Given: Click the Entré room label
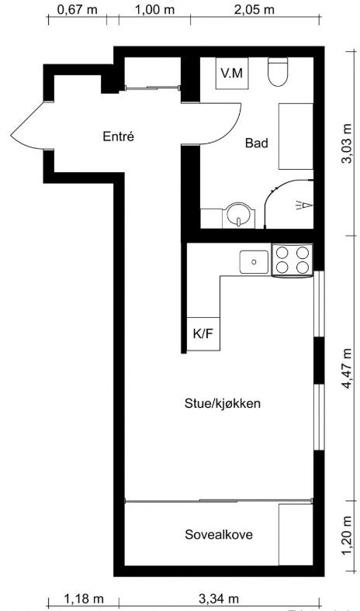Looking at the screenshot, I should pyautogui.click(x=119, y=136).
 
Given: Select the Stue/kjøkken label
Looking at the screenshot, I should pyautogui.click(x=222, y=403).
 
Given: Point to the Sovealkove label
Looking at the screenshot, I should pyautogui.click(x=219, y=535).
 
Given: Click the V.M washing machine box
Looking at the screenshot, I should pyautogui.click(x=230, y=74).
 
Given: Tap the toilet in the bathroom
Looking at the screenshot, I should pyautogui.click(x=277, y=73).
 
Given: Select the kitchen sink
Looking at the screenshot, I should pyautogui.click(x=253, y=261).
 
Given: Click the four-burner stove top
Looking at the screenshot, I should pyautogui.click(x=292, y=260).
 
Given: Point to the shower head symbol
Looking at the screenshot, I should pyautogui.click(x=302, y=205).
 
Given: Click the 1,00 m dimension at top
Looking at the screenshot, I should pyautogui.click(x=154, y=9).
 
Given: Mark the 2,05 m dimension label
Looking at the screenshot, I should pyautogui.click(x=254, y=9).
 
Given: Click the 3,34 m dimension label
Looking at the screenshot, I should pyautogui.click(x=219, y=599).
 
